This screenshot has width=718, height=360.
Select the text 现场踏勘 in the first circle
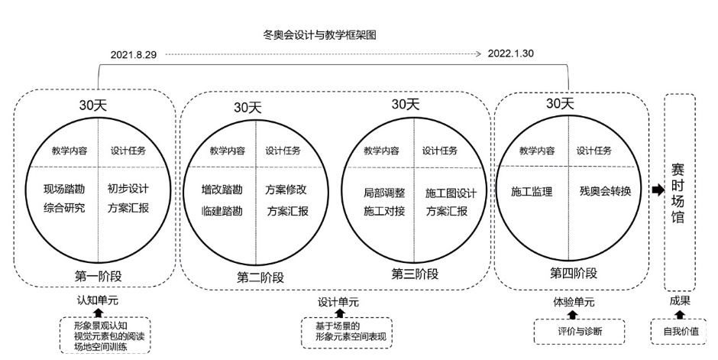pos(64,188)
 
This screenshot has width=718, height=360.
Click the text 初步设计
pos(128,188)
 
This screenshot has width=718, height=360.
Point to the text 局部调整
pos(384,193)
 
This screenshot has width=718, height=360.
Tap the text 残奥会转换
pos(605,192)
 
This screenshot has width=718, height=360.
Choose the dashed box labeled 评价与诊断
pos(577,332)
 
